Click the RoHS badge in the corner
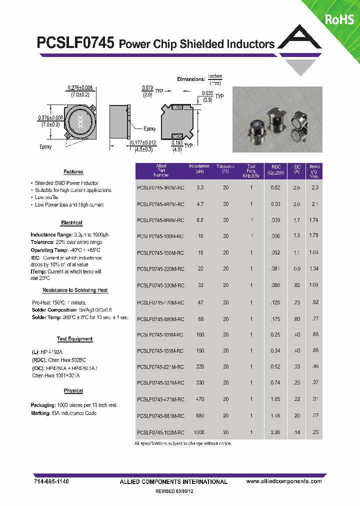pyautogui.click(x=339, y=19)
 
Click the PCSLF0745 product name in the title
pyautogui.click(x=76, y=43)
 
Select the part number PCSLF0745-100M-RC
pyautogui.click(x=160, y=236)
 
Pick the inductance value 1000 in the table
pyautogui.click(x=199, y=432)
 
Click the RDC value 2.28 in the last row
pyautogui.click(x=276, y=432)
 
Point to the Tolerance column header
pyautogui.click(x=225, y=169)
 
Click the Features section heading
pyautogui.click(x=73, y=172)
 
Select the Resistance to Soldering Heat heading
pyautogui.click(x=75, y=290)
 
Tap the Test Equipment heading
pyautogui.click(x=74, y=339)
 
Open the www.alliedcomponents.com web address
pyautogui.click(x=284, y=481)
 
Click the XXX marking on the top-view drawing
pyautogui.click(x=79, y=121)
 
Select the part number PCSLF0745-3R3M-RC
pyautogui.click(x=160, y=188)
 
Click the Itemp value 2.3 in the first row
pyautogui.click(x=314, y=188)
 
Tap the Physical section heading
pyautogui.click(x=73, y=391)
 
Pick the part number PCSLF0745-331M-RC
pyautogui.click(x=160, y=383)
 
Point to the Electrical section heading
pyautogui.click(x=71, y=223)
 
